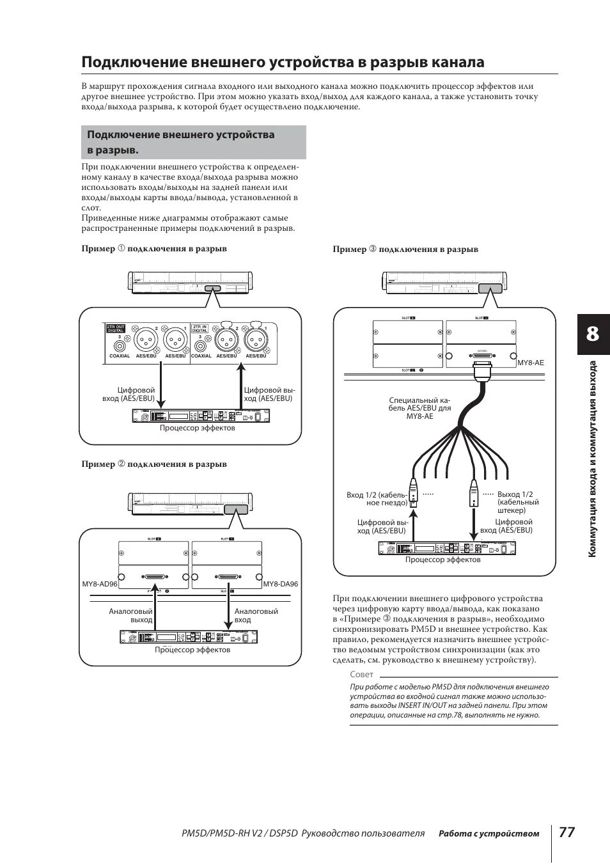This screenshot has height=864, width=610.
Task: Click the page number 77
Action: coord(567,832)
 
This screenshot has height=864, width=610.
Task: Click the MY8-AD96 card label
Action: coord(100,584)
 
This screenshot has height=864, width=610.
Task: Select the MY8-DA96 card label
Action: coord(281,584)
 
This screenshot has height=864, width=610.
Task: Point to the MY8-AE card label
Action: coord(529,363)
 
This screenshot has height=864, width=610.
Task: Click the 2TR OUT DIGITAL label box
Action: coord(115,329)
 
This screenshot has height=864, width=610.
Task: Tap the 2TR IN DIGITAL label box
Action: coord(201,329)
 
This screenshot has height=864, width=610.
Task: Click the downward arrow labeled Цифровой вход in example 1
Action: coord(162,383)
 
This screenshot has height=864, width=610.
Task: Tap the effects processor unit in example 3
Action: coord(445,549)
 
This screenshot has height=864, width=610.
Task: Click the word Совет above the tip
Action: coord(361,675)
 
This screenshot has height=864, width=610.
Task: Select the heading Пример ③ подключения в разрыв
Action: coord(405,249)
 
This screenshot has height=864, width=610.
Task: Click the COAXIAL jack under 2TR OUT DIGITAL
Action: coord(120,346)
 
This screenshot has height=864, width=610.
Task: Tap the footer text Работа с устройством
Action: coord(489,833)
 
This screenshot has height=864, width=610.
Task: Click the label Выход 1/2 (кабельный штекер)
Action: coord(518,502)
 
